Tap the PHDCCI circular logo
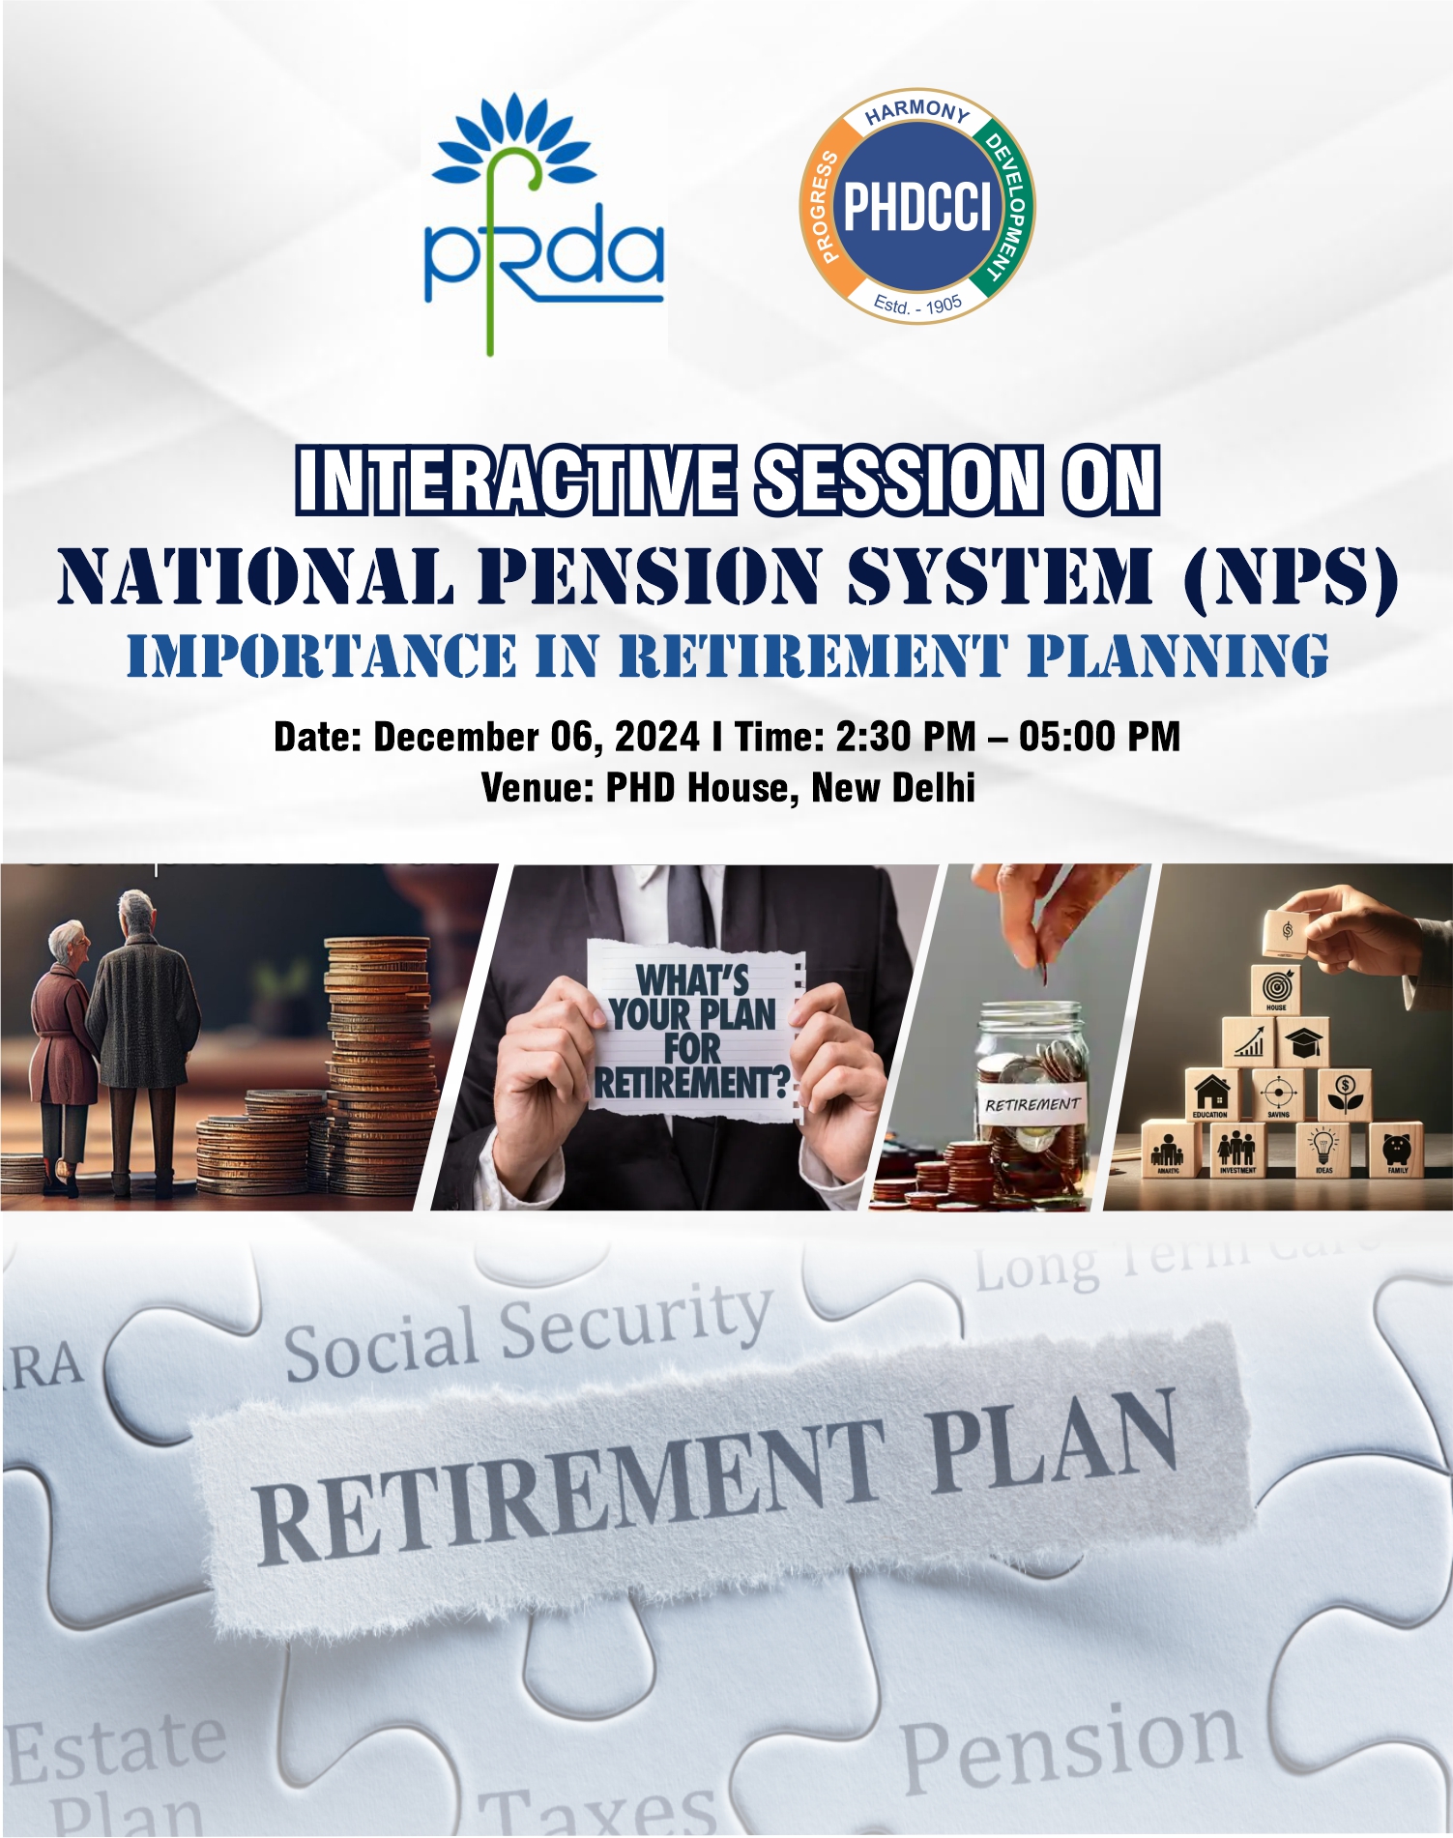coord(917,206)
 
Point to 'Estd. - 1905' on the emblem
coord(917,304)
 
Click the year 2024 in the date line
coord(656,737)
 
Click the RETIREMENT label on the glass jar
coord(1032,1104)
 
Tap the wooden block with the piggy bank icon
coord(1397,1150)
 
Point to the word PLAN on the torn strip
coord(1054,1444)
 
